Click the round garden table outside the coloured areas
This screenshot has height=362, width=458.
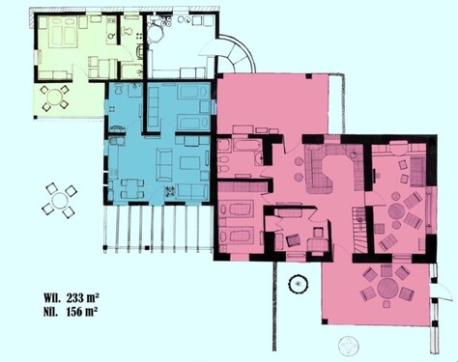[x=61, y=200]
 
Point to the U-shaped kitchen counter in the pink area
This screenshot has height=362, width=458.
[x=329, y=170]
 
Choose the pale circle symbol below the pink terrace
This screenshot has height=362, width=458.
[x=346, y=344]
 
